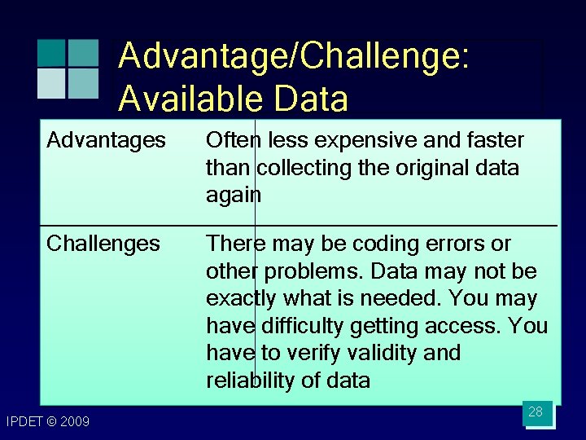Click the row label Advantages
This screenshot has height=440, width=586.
pyautogui.click(x=106, y=141)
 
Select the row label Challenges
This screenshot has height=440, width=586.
pyautogui.click(x=103, y=244)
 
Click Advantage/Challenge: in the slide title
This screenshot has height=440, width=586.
pyautogui.click(x=293, y=58)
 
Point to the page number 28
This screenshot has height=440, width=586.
pyautogui.click(x=535, y=411)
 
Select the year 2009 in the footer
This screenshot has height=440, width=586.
pyautogui.click(x=74, y=421)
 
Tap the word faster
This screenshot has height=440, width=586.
pyautogui.click(x=492, y=141)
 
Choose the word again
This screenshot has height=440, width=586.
pyautogui.click(x=234, y=196)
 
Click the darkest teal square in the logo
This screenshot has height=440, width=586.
pyautogui.click(x=51, y=52)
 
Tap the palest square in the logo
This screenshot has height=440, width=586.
pyautogui.click(x=51, y=82)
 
